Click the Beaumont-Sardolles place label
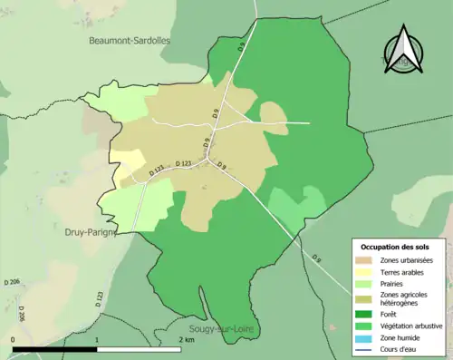coord(130,41)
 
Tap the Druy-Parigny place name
coord(94,232)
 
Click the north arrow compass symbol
coord(405,51)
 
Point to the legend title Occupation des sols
coord(395,247)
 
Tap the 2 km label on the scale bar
coord(186,339)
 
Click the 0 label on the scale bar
coord(14,339)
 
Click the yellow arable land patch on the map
coord(127,165)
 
